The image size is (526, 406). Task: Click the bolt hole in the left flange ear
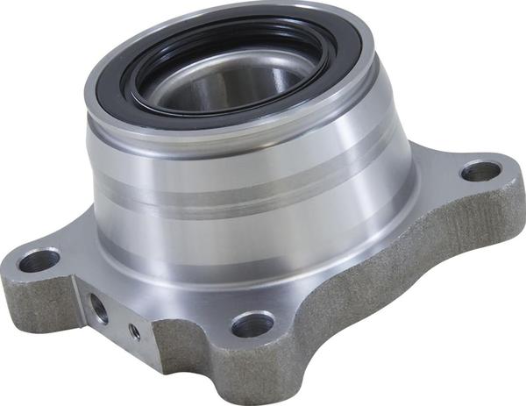(39, 260)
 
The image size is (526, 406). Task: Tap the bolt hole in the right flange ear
(480, 170)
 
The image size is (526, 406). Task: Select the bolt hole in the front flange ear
(252, 324)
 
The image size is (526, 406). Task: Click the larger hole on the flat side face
(98, 306)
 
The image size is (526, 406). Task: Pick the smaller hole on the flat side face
(134, 331)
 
